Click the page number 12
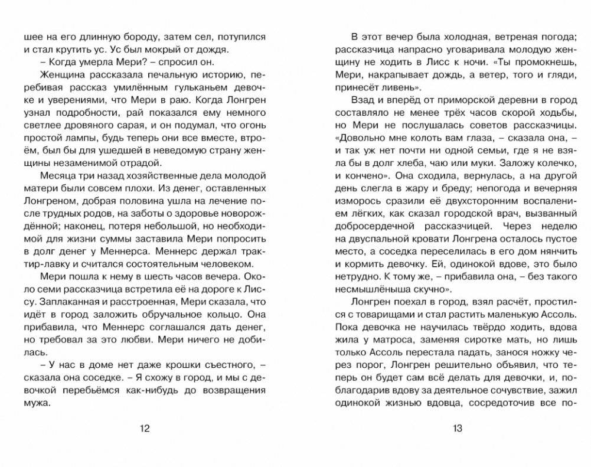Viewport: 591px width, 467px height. click(x=145, y=429)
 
